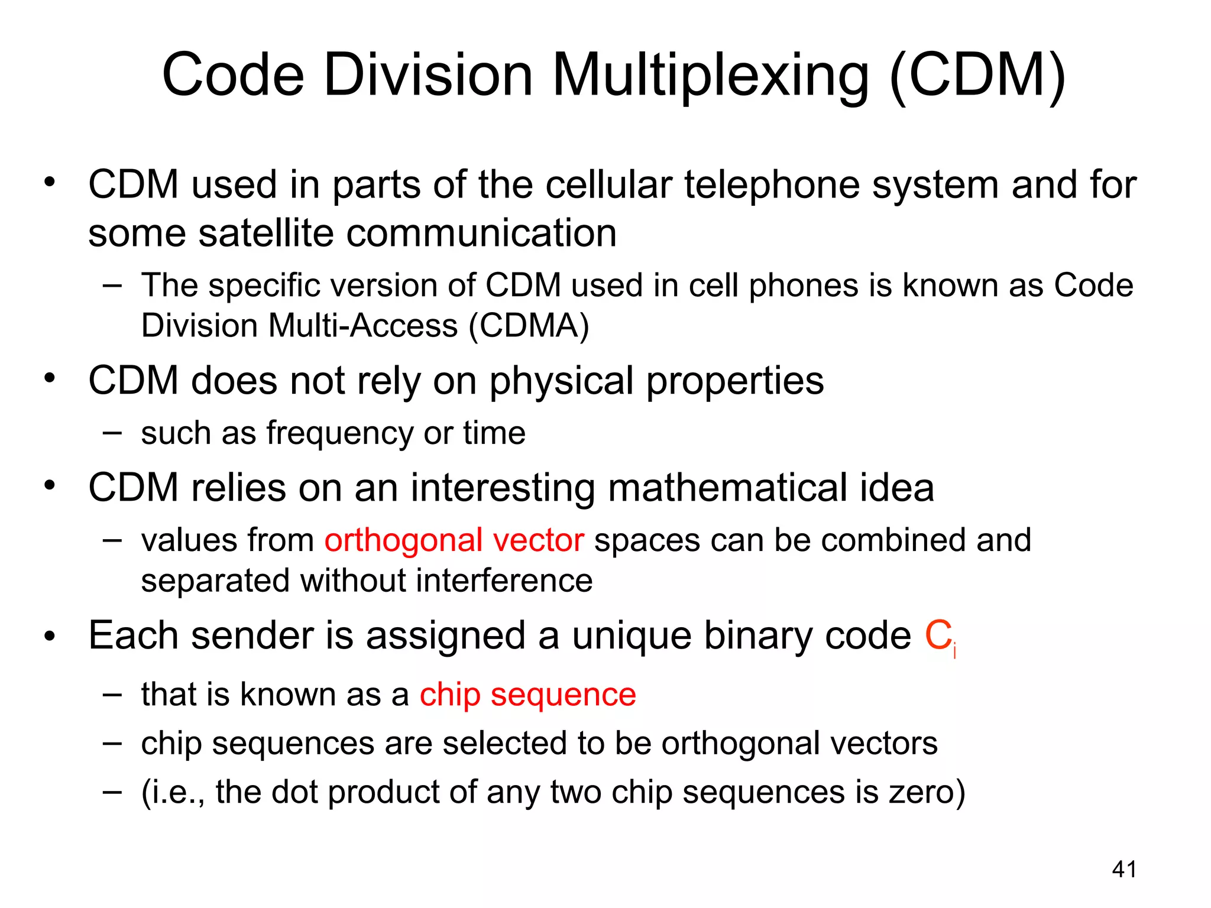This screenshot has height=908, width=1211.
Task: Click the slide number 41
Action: tap(1124, 870)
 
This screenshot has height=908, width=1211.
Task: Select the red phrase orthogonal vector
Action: tap(454, 540)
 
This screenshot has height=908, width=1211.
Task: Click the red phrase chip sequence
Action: tap(527, 694)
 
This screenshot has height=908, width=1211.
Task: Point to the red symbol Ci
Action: tap(940, 637)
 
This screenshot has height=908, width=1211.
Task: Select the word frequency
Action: tap(339, 433)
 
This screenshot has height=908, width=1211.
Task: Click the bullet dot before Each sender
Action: tap(50, 637)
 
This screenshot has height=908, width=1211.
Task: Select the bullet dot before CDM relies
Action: tap(50, 486)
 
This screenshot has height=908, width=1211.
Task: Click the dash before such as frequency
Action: tap(112, 433)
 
